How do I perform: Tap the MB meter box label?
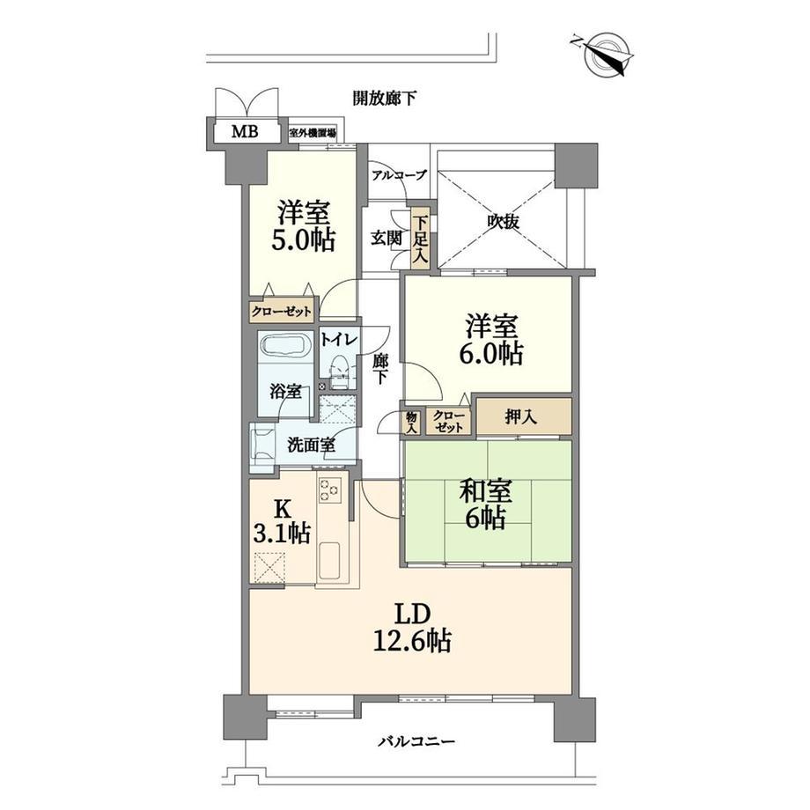pos(245,132)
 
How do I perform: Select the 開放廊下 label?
pos(385,98)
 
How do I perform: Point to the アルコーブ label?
pos(400,175)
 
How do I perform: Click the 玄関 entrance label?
pos(387,238)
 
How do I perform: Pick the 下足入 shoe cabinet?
pos(420,239)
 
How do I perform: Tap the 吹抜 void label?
pos(503,222)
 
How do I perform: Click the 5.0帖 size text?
pos(304,239)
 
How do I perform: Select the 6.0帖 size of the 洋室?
pos(490,354)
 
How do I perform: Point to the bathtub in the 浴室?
pos(285,346)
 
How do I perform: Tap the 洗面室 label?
pos(311,445)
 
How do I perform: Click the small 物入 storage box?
pos(412,422)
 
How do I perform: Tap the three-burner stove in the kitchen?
pos(330,490)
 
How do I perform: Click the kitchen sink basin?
pos(329,561)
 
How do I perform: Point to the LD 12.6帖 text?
pos(412,628)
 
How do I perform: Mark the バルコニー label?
pos(416,742)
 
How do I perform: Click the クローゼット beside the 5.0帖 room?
pos(282,312)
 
